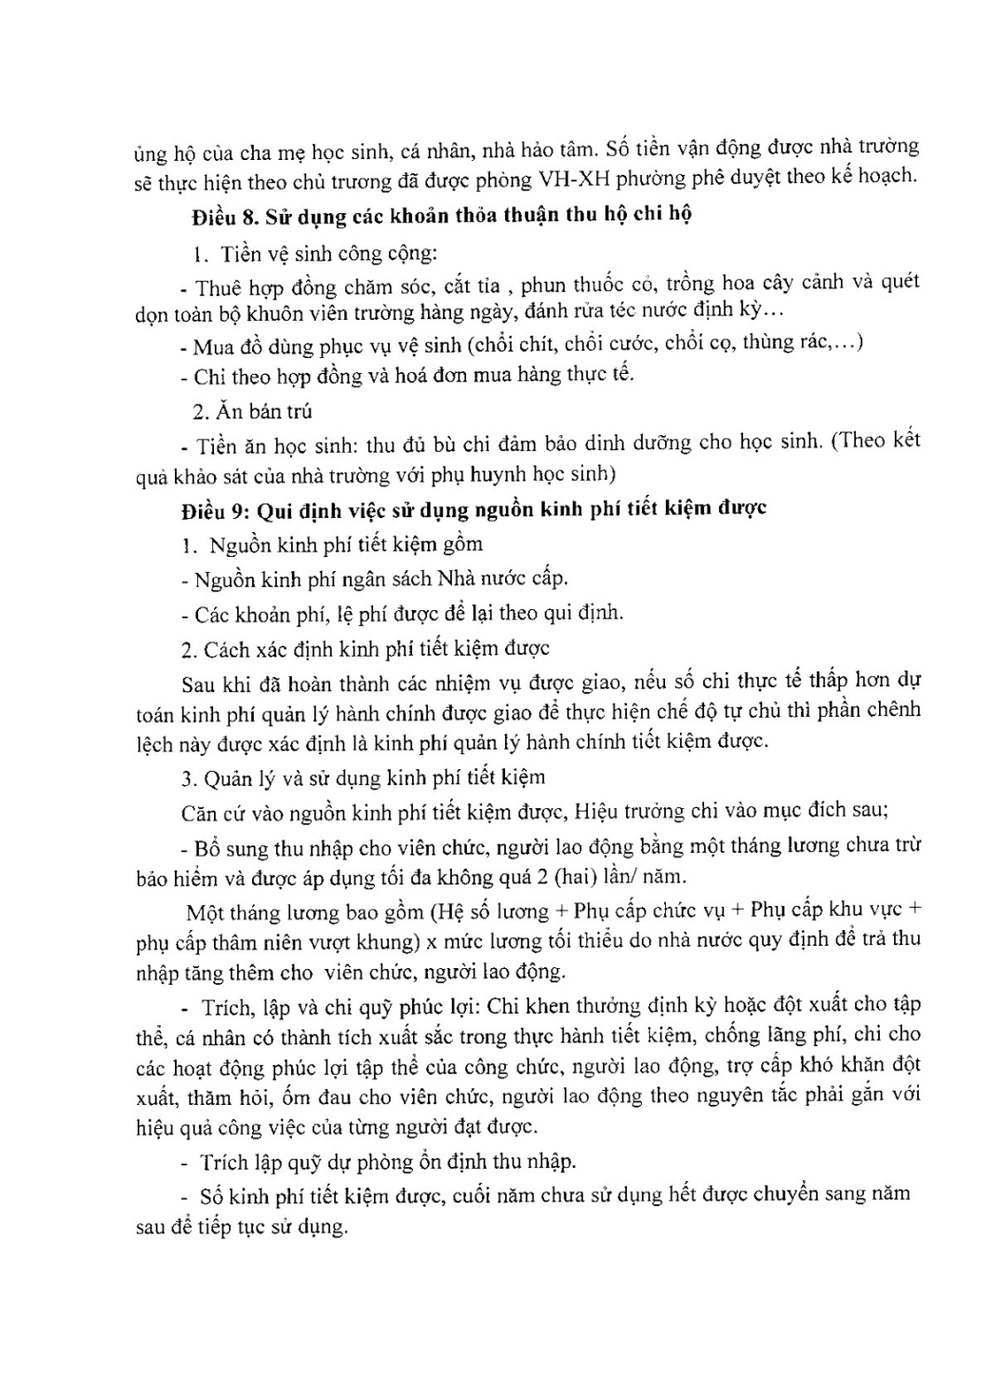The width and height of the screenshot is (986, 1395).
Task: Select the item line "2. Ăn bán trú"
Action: (252, 411)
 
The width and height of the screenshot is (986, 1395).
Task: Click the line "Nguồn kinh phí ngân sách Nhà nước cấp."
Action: (381, 579)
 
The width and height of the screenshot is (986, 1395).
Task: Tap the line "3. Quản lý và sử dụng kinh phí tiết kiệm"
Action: (364, 777)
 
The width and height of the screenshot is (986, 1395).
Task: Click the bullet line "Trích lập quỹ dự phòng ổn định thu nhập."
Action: (388, 1162)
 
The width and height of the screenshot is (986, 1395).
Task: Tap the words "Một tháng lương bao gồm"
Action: (304, 910)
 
